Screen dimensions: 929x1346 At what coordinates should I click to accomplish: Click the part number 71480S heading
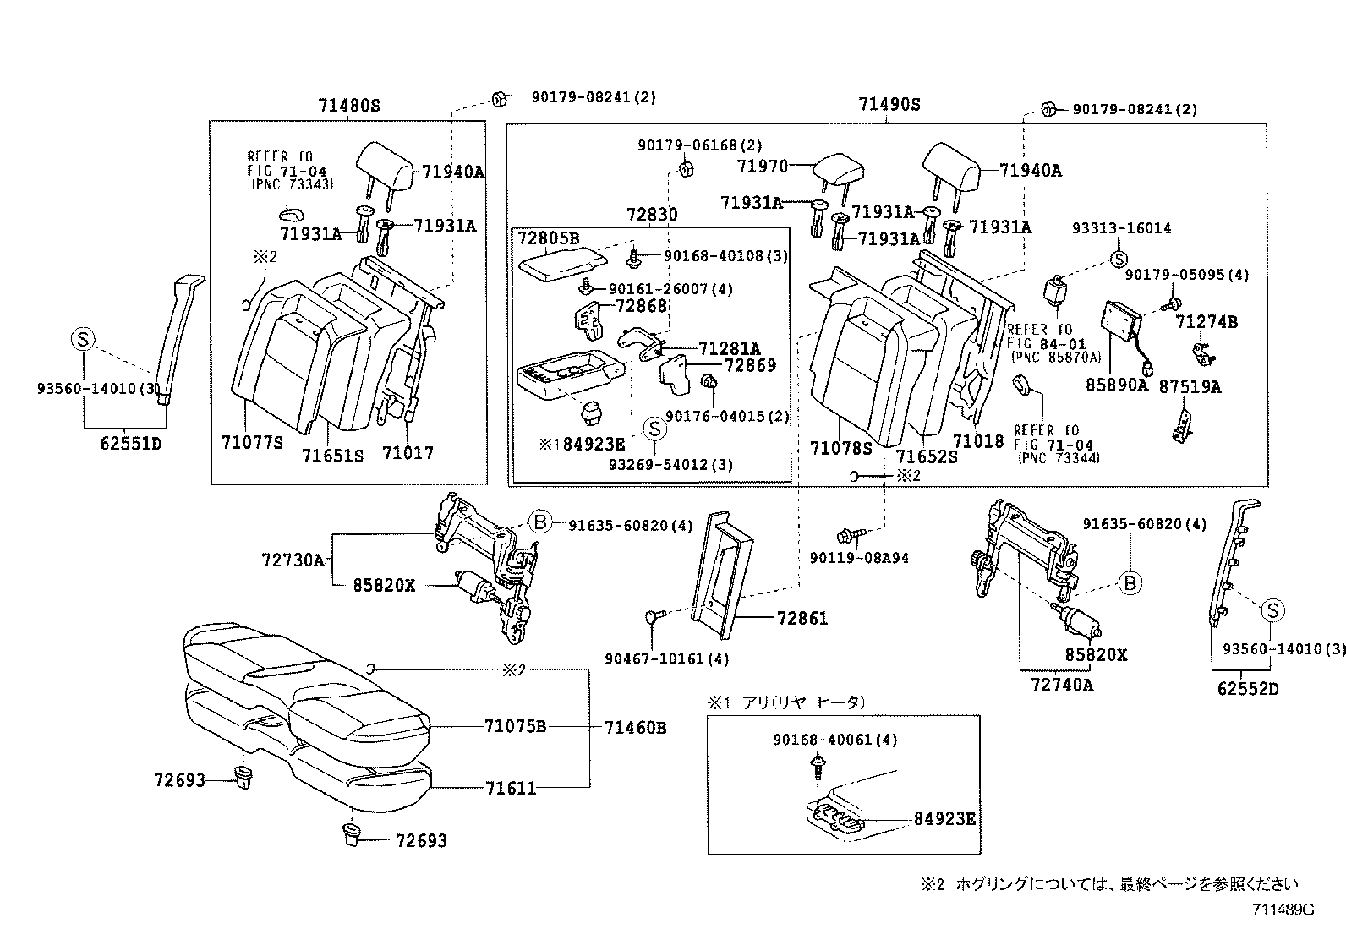point(349,106)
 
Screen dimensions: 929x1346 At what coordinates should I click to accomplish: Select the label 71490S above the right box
point(889,105)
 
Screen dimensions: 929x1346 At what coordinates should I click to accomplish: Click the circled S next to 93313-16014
point(1118,260)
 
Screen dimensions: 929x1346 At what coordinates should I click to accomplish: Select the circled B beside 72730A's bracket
point(540,522)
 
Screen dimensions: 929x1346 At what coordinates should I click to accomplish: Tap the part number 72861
point(802,619)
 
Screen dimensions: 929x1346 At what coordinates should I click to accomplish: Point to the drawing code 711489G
point(1283,910)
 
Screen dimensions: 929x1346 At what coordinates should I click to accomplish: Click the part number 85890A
point(1117,385)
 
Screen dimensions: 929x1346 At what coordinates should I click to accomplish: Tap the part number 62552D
point(1247,689)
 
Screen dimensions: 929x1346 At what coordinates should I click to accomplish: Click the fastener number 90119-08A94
point(858,558)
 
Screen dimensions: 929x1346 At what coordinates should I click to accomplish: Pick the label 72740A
point(1062,685)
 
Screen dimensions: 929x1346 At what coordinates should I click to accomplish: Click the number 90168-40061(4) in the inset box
point(834,740)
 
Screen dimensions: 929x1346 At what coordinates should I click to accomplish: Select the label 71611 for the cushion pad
point(511,789)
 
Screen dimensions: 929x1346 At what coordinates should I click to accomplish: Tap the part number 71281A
point(729,348)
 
